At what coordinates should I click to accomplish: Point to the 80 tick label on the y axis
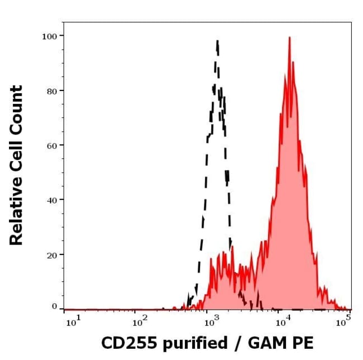click(52, 90)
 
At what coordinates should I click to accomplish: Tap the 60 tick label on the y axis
click(52, 145)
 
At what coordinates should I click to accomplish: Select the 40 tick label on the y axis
click(52, 200)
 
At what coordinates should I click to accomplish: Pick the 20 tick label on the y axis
click(52, 255)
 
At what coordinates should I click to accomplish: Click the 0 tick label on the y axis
click(55, 306)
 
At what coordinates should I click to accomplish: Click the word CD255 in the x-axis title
click(123, 342)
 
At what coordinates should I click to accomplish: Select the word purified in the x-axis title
click(190, 343)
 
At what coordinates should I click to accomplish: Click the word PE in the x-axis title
click(302, 342)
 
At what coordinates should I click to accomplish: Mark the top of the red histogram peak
click(289, 37)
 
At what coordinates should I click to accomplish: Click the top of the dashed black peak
click(217, 40)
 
